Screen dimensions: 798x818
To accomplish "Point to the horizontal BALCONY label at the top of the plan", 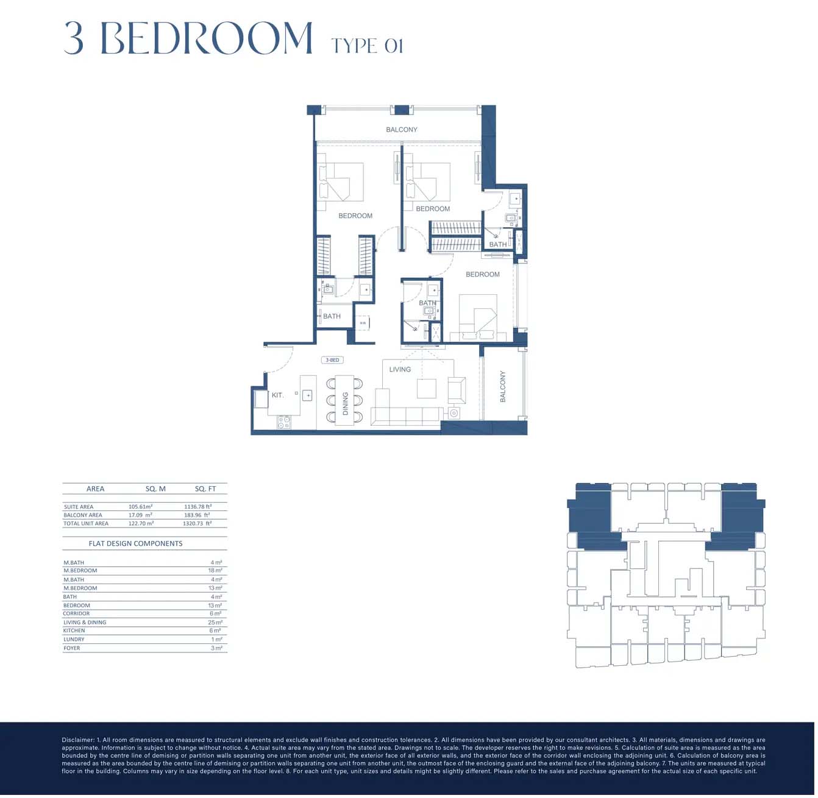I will tap(402, 130).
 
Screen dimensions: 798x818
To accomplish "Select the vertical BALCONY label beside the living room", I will tap(503, 387).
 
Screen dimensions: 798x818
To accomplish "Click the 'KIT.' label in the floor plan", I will tap(277, 395).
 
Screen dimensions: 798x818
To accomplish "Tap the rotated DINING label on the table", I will tap(345, 403).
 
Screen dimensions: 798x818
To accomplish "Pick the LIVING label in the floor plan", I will tap(400, 370).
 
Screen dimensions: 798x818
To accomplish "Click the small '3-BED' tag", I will tap(332, 360).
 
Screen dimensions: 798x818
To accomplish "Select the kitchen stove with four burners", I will tap(284, 422).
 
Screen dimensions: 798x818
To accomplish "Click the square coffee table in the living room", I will tap(427, 389).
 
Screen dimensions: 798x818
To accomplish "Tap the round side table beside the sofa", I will tap(454, 414).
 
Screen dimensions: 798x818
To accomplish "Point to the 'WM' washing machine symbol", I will tap(363, 323).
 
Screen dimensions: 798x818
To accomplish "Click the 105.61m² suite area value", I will tap(140, 507).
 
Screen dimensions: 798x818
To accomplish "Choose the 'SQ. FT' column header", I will tap(205, 489).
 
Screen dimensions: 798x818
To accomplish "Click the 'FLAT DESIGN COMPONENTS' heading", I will tap(135, 543).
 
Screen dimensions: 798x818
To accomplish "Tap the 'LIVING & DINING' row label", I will tap(85, 623).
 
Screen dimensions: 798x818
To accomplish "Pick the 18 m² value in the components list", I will tap(215, 571).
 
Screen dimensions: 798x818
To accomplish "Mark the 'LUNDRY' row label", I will tap(74, 640).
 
